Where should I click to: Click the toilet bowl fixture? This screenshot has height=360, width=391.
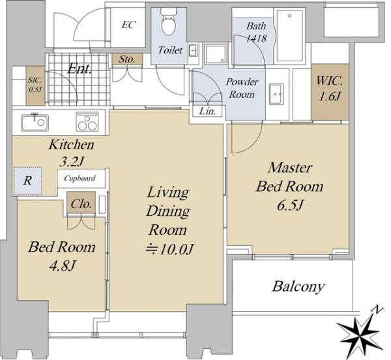pos(169,22)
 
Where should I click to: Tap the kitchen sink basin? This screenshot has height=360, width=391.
pos(35,122)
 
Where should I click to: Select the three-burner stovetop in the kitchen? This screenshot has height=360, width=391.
pos(87,121)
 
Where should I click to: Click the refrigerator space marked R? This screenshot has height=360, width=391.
pos(27,181)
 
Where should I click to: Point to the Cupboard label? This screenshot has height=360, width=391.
pos(80,179)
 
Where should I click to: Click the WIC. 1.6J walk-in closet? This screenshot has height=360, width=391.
pos(330,91)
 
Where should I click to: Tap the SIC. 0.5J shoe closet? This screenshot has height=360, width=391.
pos(35,85)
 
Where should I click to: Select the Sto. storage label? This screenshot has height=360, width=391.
pos(127,59)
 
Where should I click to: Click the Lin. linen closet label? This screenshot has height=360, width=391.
pos(207,112)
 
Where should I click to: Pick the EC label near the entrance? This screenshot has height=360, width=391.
pos(128,24)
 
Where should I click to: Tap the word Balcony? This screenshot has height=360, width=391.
pos(298,286)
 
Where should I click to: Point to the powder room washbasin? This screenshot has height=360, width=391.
pos(276,94)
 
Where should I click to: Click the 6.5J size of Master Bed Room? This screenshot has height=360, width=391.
pos(290,205)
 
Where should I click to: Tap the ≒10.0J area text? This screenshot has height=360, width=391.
pos(170,248)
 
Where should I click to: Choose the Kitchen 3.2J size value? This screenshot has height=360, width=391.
pos(71,162)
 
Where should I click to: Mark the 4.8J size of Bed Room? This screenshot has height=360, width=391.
pos(62,266)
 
